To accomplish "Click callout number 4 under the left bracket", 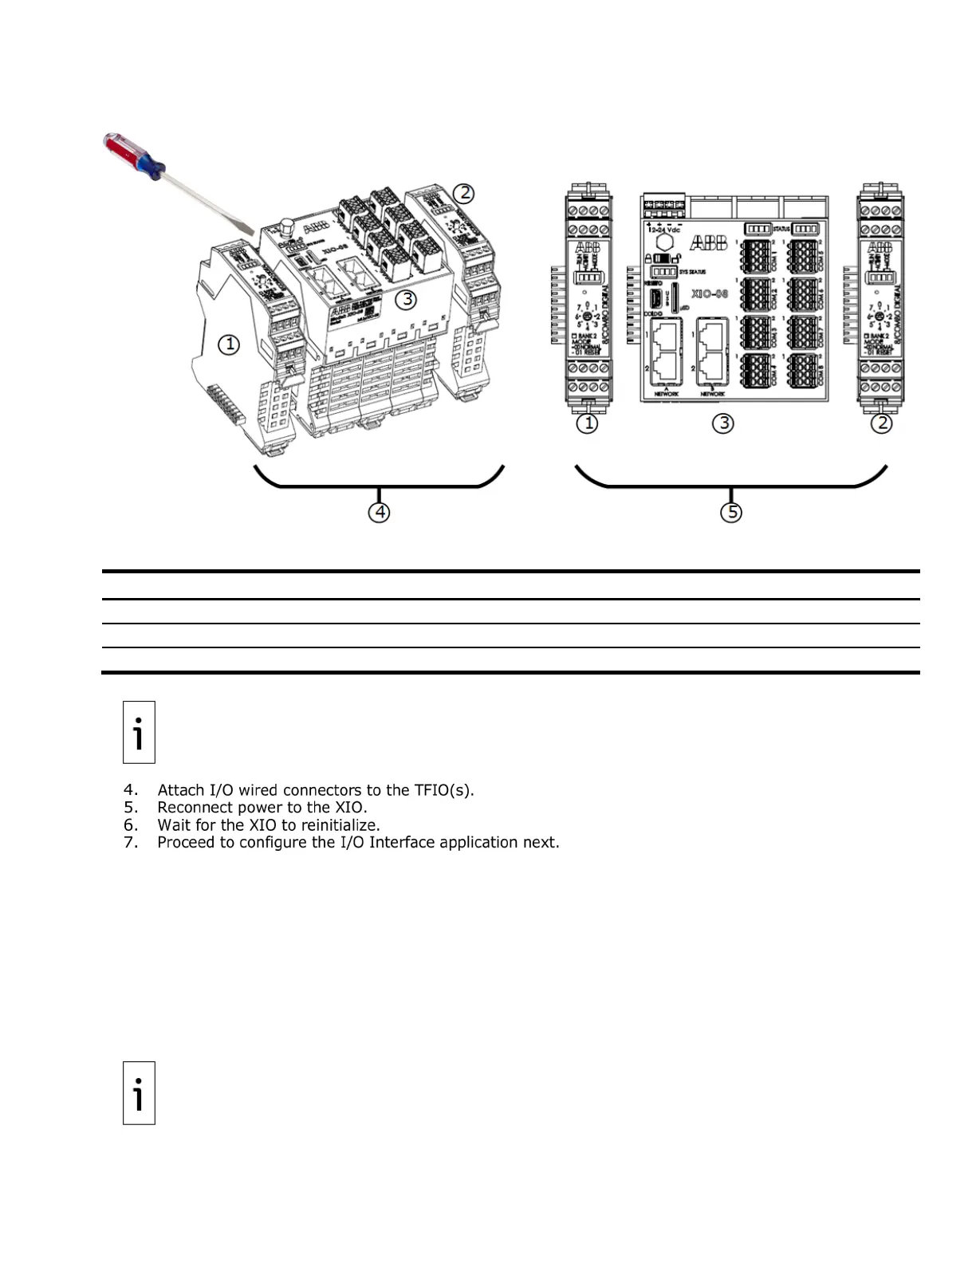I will pyautogui.click(x=380, y=512).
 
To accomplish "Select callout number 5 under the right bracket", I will pyautogui.click(x=731, y=512).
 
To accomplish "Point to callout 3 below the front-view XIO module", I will pyautogui.click(x=723, y=423).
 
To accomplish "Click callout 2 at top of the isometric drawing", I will pyautogui.click(x=463, y=193).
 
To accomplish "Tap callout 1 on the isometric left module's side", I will pyautogui.click(x=229, y=344).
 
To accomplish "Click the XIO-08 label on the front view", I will pyautogui.click(x=710, y=293).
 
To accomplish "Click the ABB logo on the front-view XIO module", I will pyautogui.click(x=708, y=242).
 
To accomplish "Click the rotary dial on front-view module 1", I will pyautogui.click(x=588, y=317).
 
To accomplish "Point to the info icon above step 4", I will pyautogui.click(x=139, y=732).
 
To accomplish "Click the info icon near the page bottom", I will pyautogui.click(x=139, y=1092).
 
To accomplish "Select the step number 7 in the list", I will pyautogui.click(x=131, y=843).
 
